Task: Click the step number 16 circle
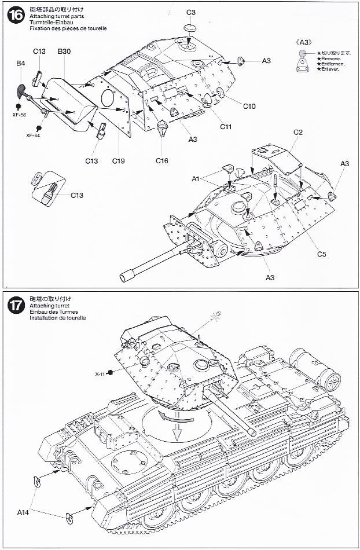coord(16,16)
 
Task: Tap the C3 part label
coord(191,12)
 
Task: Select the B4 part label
coord(21,63)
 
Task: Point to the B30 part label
coord(64,52)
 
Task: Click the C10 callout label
coord(249,106)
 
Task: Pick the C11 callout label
coord(226,126)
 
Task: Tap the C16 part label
coord(162,160)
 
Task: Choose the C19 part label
coord(119,160)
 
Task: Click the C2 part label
coord(298,133)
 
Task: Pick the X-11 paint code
coord(101,373)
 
